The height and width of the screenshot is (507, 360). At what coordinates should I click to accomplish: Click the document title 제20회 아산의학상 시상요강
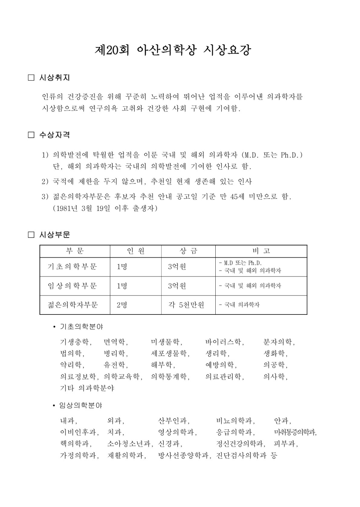(173, 50)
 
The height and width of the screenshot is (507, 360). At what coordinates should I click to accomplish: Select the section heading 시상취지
(54, 78)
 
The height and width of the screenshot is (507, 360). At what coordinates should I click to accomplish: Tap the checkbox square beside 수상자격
(31, 135)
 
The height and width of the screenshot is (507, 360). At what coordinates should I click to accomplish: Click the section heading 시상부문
(54, 235)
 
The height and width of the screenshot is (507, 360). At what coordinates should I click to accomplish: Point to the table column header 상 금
(188, 251)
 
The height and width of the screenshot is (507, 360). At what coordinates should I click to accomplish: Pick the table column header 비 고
(261, 251)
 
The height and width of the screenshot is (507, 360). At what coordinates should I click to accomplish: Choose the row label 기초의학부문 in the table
(72, 266)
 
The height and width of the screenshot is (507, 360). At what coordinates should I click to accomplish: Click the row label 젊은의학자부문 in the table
(73, 305)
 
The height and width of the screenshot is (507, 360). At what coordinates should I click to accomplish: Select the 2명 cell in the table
(122, 305)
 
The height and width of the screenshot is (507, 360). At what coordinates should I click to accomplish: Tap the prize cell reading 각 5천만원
(186, 305)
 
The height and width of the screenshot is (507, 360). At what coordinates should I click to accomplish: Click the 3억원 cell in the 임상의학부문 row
(177, 286)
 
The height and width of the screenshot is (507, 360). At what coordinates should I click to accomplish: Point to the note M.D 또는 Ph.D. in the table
(240, 263)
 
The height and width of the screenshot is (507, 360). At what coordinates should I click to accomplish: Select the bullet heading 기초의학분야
(81, 327)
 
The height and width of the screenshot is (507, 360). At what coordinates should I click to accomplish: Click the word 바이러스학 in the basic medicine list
(224, 342)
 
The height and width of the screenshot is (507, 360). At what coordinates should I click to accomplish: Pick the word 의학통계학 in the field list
(169, 377)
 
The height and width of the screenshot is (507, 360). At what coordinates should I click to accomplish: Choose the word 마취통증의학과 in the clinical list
(294, 432)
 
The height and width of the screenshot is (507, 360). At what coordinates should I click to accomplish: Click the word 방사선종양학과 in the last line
(184, 455)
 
